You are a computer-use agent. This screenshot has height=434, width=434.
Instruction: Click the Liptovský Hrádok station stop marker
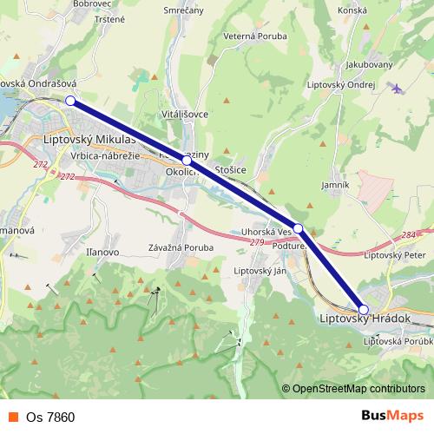(x=364, y=309)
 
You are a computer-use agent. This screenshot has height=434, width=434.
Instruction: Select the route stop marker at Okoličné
(x=187, y=161)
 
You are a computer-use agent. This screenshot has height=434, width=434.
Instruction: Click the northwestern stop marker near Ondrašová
(x=70, y=101)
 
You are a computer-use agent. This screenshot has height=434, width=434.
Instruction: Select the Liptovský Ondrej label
(x=340, y=85)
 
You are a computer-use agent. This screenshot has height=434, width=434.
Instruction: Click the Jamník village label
(x=334, y=185)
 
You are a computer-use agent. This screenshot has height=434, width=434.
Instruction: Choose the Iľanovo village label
(x=102, y=251)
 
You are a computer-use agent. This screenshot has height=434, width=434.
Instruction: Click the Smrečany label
(x=183, y=10)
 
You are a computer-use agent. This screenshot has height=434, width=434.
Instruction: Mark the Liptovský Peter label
(x=392, y=255)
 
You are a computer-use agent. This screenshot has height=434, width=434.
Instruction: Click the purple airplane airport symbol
(x=398, y=88)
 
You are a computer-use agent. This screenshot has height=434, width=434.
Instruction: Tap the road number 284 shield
(x=410, y=235)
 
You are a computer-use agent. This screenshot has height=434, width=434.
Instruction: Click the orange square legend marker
(x=14, y=417)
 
